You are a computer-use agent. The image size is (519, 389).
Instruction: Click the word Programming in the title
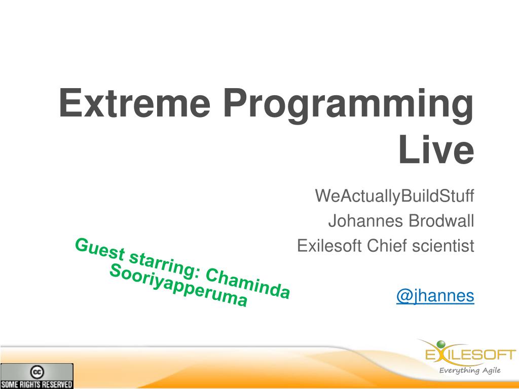point(349,106)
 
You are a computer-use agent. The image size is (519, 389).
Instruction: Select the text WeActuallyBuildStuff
point(394,196)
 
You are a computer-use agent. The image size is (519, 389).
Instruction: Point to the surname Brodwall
point(441,221)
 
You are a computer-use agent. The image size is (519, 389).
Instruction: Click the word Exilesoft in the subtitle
point(329,246)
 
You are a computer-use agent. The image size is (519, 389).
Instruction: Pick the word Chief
point(387,246)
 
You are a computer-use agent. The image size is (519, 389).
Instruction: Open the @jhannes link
point(435,296)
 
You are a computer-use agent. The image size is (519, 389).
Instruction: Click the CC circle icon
point(36,372)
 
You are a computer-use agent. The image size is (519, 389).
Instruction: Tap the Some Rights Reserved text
point(36,384)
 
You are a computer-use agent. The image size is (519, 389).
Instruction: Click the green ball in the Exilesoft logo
point(441,345)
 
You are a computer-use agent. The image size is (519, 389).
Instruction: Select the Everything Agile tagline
point(470,370)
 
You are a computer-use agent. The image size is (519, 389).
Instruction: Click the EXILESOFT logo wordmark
point(470,355)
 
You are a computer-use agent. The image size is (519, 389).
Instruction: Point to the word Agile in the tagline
point(491,370)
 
